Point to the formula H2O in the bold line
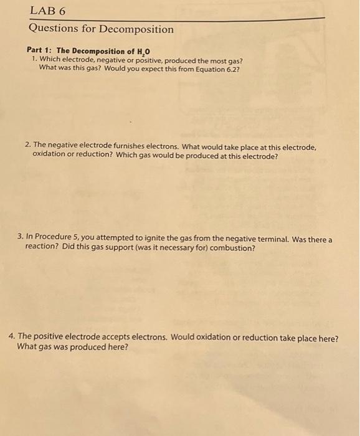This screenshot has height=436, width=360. (x=143, y=51)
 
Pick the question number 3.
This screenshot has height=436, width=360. (x=21, y=238)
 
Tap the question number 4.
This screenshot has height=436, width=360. (x=12, y=338)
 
